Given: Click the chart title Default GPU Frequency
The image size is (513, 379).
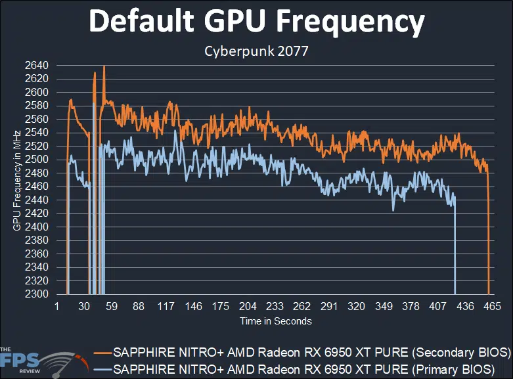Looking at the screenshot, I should click(x=256, y=22).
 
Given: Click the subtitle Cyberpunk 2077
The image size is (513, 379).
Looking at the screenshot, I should click(x=256, y=49).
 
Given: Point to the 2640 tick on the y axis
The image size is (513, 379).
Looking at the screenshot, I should click(x=38, y=65).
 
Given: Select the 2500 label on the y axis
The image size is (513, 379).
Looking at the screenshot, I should click(x=38, y=160).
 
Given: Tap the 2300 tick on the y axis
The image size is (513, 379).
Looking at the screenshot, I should click(x=38, y=294).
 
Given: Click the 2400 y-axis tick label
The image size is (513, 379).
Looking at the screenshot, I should click(x=38, y=227).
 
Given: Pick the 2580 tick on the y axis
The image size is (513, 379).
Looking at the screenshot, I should click(x=38, y=106).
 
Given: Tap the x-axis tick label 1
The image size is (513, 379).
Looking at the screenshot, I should click(x=57, y=307).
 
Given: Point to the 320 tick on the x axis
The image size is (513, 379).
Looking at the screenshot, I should click(x=356, y=307).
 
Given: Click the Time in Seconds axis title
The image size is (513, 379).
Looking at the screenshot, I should click(x=275, y=321).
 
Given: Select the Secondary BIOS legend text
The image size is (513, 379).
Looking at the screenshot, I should click(x=312, y=351).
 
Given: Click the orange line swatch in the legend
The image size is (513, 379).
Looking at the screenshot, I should click(x=102, y=351).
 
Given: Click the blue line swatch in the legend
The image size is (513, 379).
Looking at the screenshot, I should click(x=102, y=368).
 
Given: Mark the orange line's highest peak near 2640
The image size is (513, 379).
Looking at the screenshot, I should click(x=104, y=66).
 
